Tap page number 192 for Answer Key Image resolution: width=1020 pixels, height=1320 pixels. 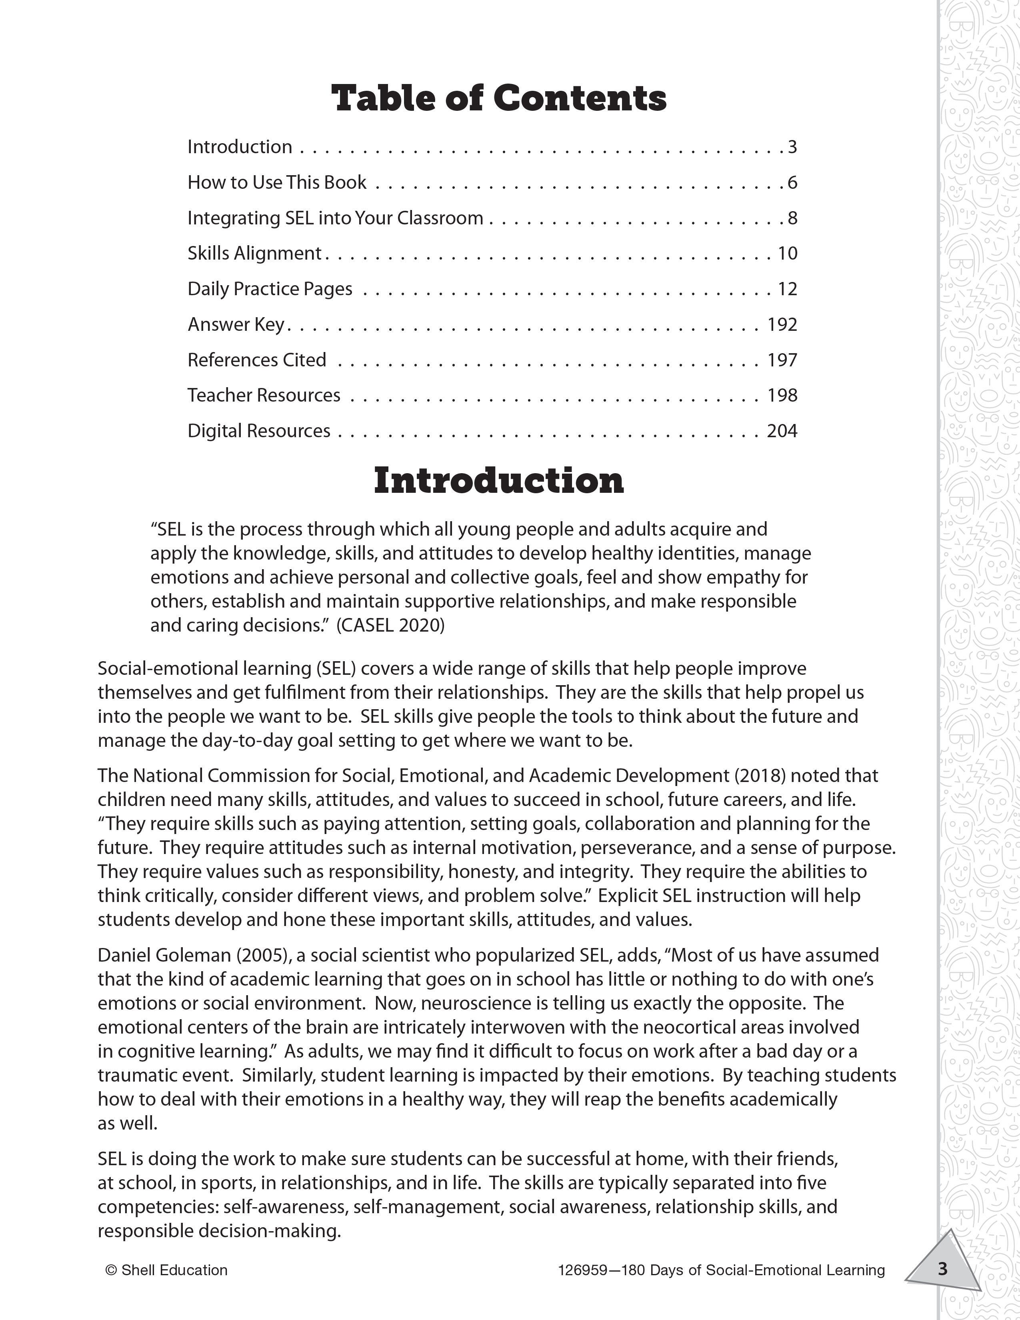[782, 324]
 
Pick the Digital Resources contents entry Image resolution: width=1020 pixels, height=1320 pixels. [259, 431]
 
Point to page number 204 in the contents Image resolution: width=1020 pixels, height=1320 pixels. [782, 431]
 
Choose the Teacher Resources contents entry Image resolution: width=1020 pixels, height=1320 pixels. [264, 395]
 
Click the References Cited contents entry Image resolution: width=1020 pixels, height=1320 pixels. [256, 360]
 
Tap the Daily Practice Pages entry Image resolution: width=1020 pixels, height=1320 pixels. [270, 289]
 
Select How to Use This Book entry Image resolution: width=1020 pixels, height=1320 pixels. [277, 182]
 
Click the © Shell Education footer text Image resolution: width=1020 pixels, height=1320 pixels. [166, 1270]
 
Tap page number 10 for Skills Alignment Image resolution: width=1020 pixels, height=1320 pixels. [787, 253]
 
